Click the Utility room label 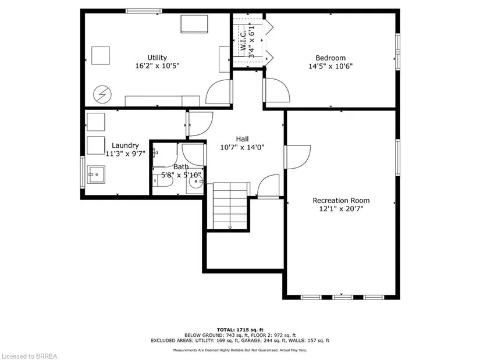pos(157,58)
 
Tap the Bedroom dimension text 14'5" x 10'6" pos(330,66)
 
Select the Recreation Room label pos(341,201)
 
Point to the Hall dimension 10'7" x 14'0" pos(242,147)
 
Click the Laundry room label pos(125,145)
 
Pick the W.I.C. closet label pos(244,41)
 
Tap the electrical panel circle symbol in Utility pos(102,94)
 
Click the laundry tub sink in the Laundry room pos(96,174)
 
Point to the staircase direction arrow pos(230,227)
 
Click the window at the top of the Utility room pos(144,11)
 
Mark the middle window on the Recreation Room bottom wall pos(343,297)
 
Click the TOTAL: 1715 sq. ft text pos(240,330)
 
